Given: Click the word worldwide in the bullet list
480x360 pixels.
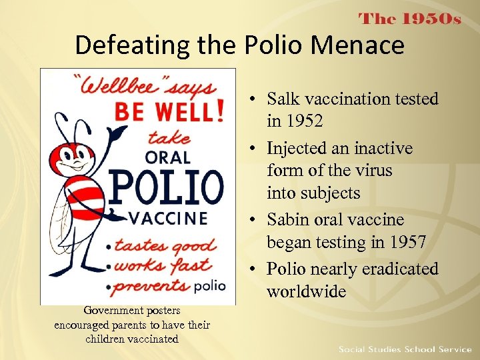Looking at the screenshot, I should pyautogui.click(x=307, y=291).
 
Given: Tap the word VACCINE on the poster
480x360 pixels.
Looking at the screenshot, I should pyautogui.click(x=167, y=218).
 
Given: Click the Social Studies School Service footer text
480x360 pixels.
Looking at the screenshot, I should pyautogui.click(x=404, y=349).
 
